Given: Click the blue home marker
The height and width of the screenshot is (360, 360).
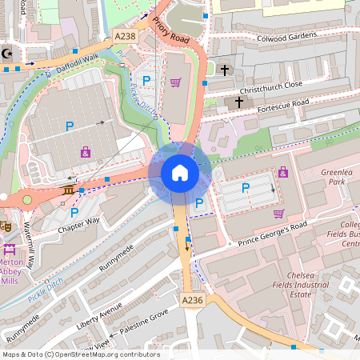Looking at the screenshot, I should (179, 172).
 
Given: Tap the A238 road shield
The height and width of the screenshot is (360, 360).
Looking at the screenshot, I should (125, 37).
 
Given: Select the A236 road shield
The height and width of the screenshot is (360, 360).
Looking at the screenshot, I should (192, 299).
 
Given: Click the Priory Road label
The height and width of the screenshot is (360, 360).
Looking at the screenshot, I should (169, 29).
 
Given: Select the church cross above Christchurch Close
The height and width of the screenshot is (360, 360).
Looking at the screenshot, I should (225, 70).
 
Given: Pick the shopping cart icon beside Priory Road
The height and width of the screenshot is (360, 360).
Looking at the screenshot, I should (175, 82).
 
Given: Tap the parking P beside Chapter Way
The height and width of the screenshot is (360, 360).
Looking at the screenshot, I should (74, 212).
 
